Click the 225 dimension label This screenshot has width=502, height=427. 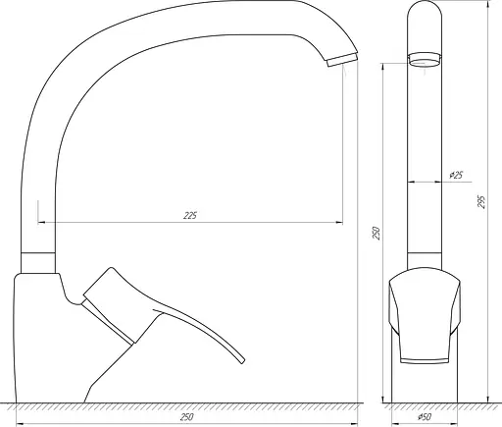[x=190, y=216]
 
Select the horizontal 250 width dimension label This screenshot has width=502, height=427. [x=186, y=416]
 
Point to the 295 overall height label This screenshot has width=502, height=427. [x=481, y=201]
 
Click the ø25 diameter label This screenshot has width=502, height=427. [x=455, y=176]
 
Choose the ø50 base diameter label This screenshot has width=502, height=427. [x=425, y=417]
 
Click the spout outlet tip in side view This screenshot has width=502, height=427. [x=336, y=63]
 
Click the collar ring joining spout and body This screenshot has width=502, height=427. [x=39, y=260]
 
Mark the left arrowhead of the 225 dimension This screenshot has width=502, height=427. [x=41, y=222]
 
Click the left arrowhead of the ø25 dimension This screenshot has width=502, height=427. [x=411, y=183]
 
